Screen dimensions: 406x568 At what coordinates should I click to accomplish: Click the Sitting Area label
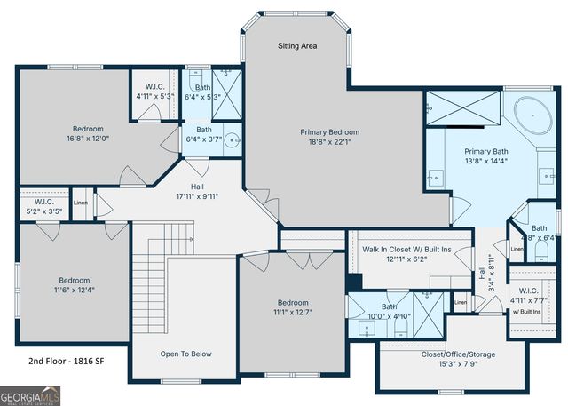pos(297,45)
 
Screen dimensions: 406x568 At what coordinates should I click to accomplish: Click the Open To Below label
pos(185,354)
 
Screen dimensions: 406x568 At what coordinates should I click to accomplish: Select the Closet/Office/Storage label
pos(458,354)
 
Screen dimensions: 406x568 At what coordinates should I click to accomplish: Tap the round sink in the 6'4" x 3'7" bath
pos(231,139)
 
